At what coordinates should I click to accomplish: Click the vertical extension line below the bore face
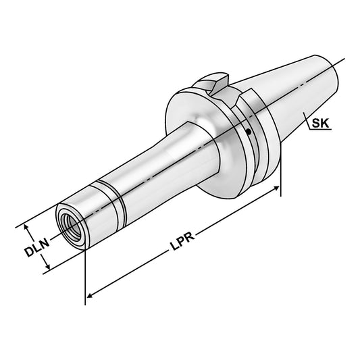pyautogui.click(x=86, y=270)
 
